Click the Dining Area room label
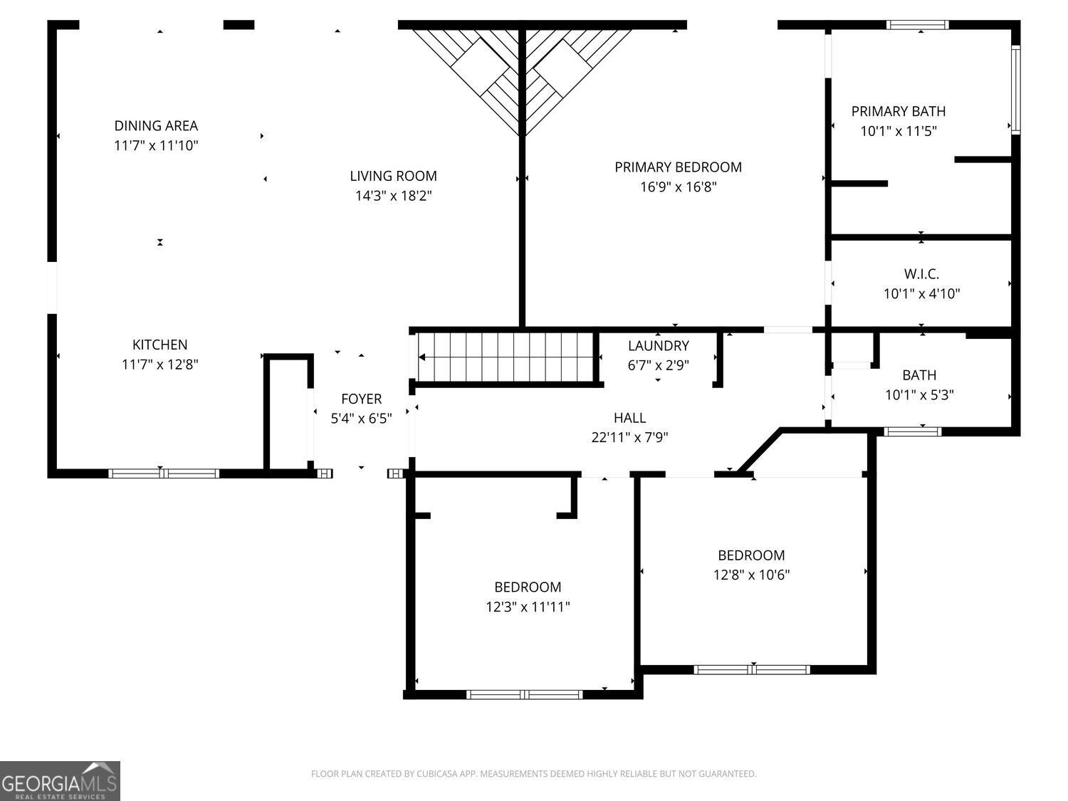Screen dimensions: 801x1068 click(156, 126)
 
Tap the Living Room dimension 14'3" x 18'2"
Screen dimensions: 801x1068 click(394, 196)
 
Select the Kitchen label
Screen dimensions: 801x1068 click(160, 345)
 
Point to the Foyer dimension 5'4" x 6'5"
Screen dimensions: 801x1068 click(361, 419)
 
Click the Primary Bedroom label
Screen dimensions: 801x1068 click(678, 167)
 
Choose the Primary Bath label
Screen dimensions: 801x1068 click(899, 111)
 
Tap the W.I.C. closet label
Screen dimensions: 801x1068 click(921, 273)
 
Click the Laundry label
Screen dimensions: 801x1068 click(658, 346)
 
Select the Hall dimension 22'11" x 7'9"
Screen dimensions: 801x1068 click(629, 437)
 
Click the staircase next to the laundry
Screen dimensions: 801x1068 click(506, 357)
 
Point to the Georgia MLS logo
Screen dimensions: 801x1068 click(60, 781)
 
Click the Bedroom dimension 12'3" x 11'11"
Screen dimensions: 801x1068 click(528, 607)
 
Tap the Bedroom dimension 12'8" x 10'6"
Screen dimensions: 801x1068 click(751, 575)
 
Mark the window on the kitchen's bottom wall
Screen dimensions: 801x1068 click(164, 473)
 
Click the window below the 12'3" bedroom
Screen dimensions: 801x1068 click(524, 695)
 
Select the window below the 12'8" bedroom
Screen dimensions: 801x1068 click(752, 669)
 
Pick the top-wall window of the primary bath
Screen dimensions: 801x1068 click(917, 25)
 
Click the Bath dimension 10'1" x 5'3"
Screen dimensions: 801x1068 click(919, 395)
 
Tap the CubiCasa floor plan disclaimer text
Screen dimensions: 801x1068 click(533, 774)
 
